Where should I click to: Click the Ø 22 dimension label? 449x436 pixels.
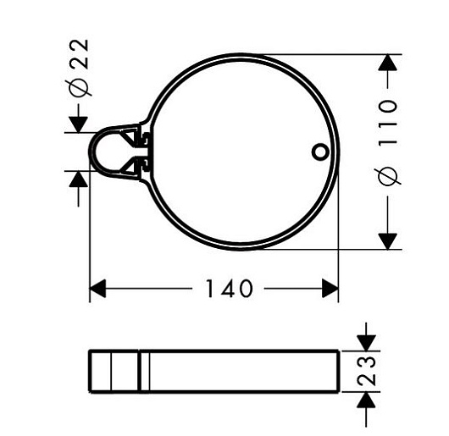pyautogui.click(x=78, y=67)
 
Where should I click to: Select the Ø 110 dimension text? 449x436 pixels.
pyautogui.click(x=388, y=143)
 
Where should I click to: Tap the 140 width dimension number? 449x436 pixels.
pyautogui.click(x=230, y=289)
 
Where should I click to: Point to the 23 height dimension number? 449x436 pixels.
pyautogui.click(x=367, y=371)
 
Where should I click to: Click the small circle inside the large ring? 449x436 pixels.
pyautogui.click(x=319, y=152)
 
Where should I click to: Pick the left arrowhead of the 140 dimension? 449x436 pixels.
pyautogui.click(x=98, y=289)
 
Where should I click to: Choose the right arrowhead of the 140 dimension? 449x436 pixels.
pyautogui.click(x=330, y=289)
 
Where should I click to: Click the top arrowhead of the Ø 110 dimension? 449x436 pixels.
pyautogui.click(x=388, y=62)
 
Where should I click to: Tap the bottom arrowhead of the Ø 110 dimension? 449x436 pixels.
pyautogui.click(x=388, y=241)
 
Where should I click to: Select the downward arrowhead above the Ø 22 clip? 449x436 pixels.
pyautogui.click(x=79, y=124)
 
